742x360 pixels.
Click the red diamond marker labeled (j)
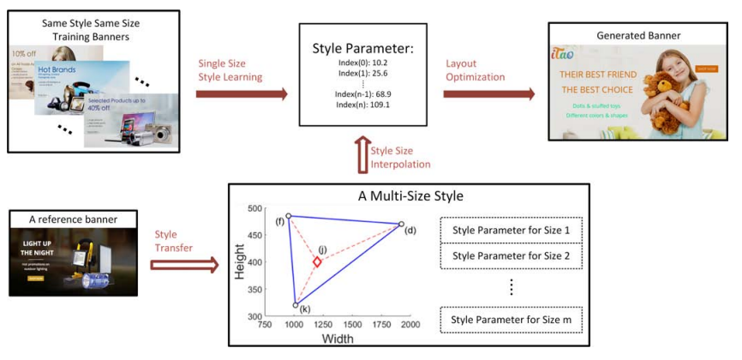[317, 261]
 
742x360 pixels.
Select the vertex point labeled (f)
[289, 216]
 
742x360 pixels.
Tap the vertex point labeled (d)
[400, 225]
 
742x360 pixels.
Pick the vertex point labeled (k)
[296, 305]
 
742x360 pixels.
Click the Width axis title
[338, 339]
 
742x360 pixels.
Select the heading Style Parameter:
[362, 49]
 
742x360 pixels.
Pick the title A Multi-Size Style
[410, 195]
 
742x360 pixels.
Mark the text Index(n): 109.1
[362, 105]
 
